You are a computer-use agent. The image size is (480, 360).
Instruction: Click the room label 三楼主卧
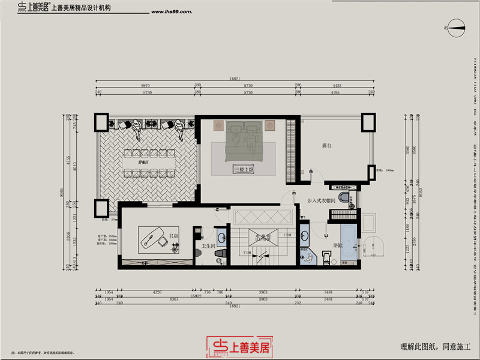point(244,170)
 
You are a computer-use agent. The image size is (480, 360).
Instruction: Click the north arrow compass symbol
point(456,26)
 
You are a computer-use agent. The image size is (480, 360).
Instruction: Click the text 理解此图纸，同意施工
point(436,346)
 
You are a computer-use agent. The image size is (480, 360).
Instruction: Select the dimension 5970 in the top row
point(145,86)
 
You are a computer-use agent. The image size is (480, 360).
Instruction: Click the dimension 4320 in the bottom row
point(158,292)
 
